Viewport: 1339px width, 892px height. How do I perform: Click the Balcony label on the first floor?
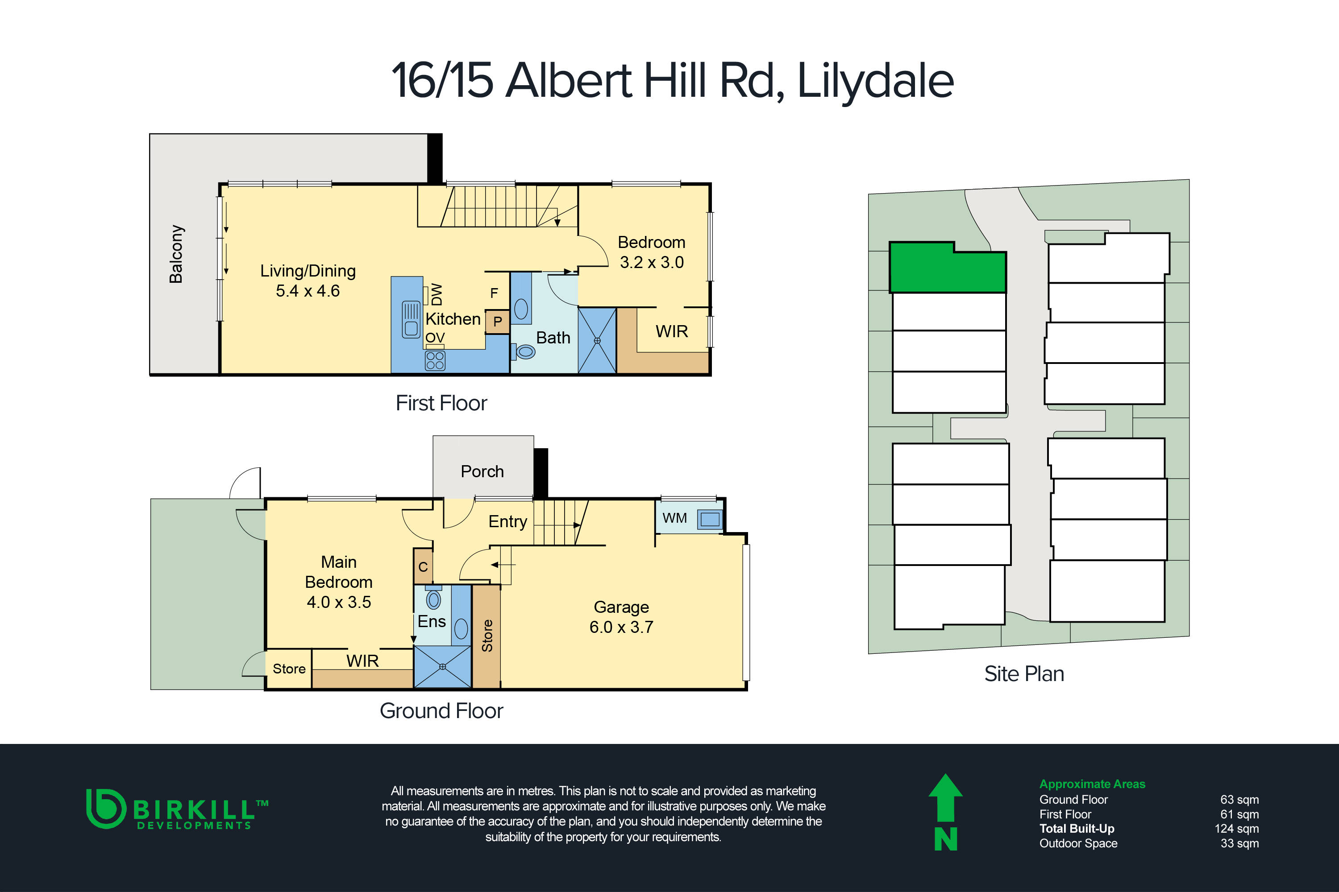pos(176,254)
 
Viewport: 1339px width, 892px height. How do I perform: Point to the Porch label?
pos(482,471)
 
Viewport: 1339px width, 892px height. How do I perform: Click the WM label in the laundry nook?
pos(674,518)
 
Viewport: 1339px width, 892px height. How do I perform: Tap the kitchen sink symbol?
pos(411,319)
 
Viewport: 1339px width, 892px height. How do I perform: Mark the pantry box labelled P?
pos(498,322)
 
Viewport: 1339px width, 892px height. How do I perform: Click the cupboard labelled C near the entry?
pos(423,566)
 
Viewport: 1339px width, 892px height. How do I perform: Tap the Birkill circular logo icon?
pos(105,808)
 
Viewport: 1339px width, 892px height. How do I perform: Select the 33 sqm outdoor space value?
pos(1239,844)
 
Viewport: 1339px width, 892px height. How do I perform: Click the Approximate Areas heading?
pos(1092,784)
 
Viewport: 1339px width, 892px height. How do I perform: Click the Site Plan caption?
pos(1024,674)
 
